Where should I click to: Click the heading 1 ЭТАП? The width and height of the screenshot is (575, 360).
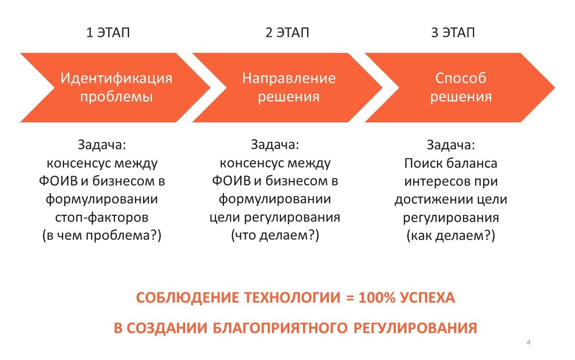108,33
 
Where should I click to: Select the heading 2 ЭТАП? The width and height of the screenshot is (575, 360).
287,33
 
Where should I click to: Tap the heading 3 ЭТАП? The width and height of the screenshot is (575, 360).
453,33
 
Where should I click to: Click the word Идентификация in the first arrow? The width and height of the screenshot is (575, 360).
116,78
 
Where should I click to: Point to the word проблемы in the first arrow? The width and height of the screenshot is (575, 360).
117,97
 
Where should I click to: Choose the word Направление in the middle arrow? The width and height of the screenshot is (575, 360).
289,78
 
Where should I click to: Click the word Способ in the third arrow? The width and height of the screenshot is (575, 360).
461,78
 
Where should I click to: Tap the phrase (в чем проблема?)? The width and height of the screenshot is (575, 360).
102,235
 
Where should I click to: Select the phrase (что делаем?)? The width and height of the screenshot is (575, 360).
275,235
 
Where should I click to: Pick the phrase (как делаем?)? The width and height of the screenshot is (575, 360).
451,235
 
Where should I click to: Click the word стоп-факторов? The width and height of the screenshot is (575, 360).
102,218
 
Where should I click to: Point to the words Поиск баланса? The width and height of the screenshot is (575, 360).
451,163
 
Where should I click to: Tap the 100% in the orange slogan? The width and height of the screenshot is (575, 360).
377,298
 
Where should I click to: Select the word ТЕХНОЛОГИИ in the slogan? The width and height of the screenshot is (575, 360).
292,298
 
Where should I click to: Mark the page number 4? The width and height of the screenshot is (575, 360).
528,342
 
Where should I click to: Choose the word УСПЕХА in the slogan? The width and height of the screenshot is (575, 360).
428,298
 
